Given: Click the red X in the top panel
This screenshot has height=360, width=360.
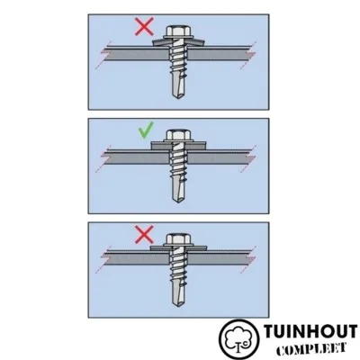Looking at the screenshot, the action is pyautogui.click(x=144, y=26).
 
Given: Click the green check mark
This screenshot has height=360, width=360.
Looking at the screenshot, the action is pyautogui.click(x=146, y=130).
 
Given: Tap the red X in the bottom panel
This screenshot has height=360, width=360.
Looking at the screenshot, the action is pyautogui.click(x=144, y=235).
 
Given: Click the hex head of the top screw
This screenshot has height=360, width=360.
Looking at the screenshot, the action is pyautogui.click(x=178, y=31).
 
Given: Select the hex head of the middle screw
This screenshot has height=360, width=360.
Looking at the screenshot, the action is pyautogui.click(x=178, y=135).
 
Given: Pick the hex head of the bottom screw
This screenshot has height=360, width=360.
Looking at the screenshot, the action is pyautogui.click(x=178, y=239).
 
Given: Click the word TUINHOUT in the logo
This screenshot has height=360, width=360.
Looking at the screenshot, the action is pyautogui.click(x=310, y=332).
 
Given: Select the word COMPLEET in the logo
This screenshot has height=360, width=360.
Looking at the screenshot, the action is pyautogui.click(x=311, y=348).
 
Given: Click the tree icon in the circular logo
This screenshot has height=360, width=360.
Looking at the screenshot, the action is pyautogui.click(x=238, y=338).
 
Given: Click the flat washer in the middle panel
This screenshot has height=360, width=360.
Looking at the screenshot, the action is pyautogui.click(x=179, y=146).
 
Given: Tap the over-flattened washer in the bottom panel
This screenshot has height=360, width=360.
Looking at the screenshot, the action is pyautogui.click(x=179, y=248).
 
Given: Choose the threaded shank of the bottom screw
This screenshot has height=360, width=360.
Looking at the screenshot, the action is pyautogui.click(x=178, y=266).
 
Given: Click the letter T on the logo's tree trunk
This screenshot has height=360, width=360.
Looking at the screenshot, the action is pyautogui.click(x=239, y=345).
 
